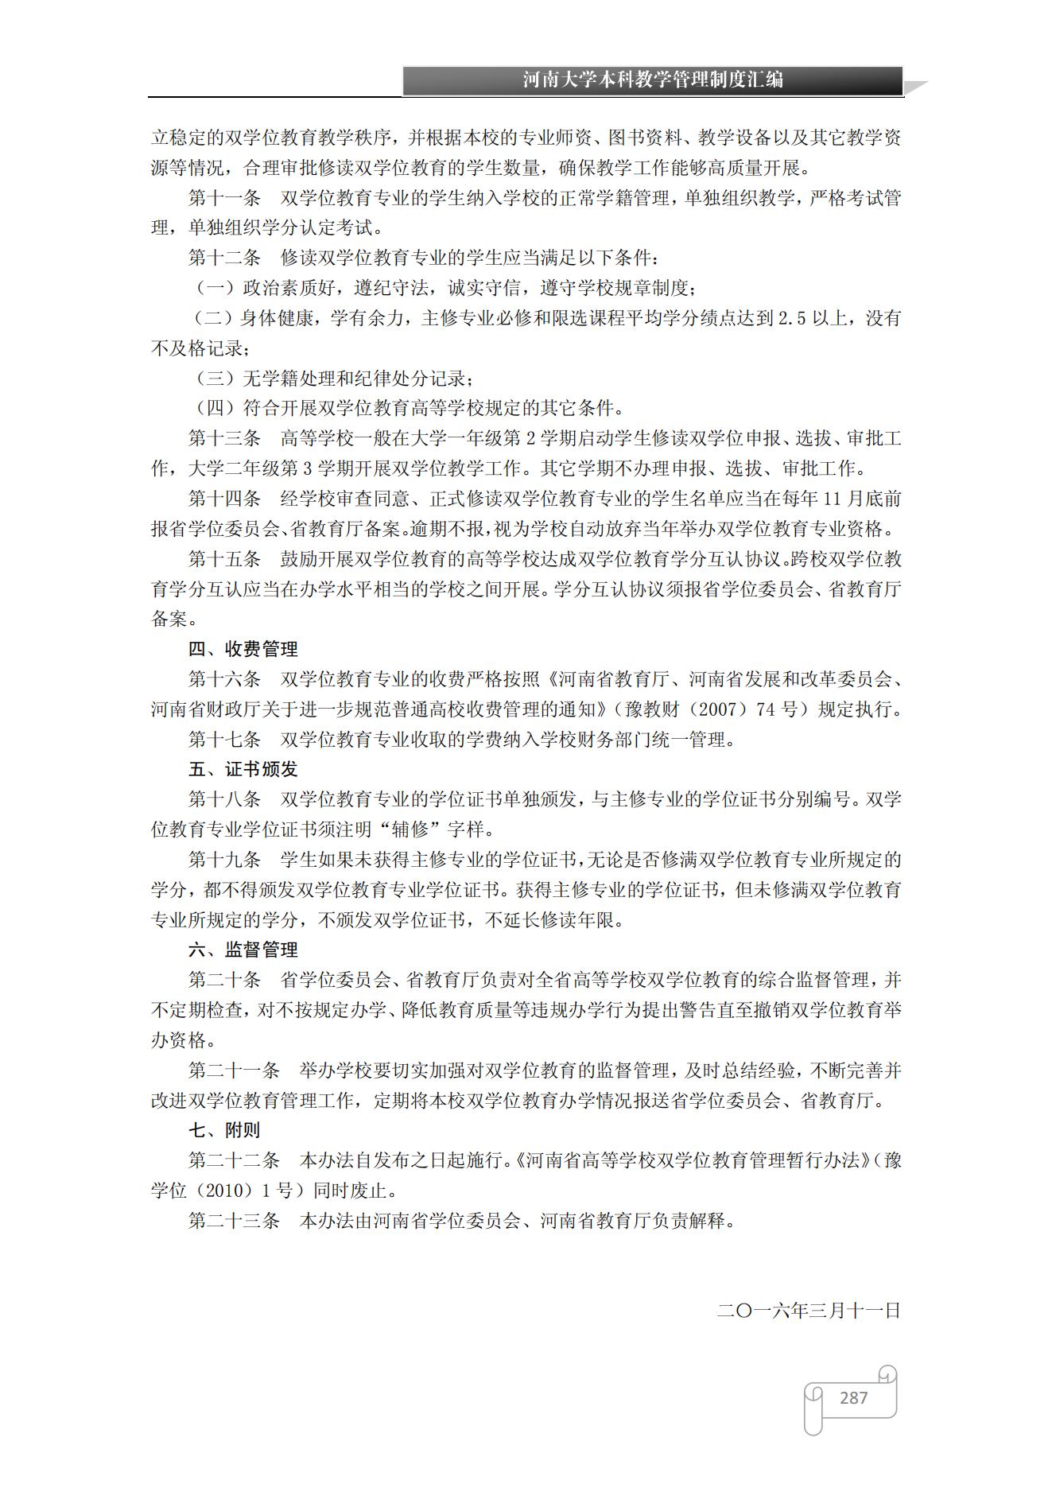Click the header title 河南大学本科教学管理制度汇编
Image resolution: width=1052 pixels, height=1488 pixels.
[x=652, y=80]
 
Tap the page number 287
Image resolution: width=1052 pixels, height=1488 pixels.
[x=853, y=1397]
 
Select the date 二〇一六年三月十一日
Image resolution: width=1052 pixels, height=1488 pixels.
[x=809, y=1311]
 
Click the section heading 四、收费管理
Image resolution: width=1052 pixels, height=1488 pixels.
[x=243, y=649]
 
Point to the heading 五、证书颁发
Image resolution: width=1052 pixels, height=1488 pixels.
[x=243, y=769]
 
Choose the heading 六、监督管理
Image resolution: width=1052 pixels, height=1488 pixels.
[x=243, y=950]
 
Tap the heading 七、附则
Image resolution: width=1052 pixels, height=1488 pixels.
[x=224, y=1130]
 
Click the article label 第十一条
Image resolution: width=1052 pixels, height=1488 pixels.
[x=224, y=198]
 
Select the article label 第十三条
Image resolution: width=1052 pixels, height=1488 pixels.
[x=224, y=438]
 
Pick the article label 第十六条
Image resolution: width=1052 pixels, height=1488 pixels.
[x=224, y=679]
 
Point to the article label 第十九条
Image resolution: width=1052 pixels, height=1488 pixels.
[x=224, y=860]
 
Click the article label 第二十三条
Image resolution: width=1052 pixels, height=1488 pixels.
[x=234, y=1221]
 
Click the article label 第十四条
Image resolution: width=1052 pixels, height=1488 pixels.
[x=224, y=499]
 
